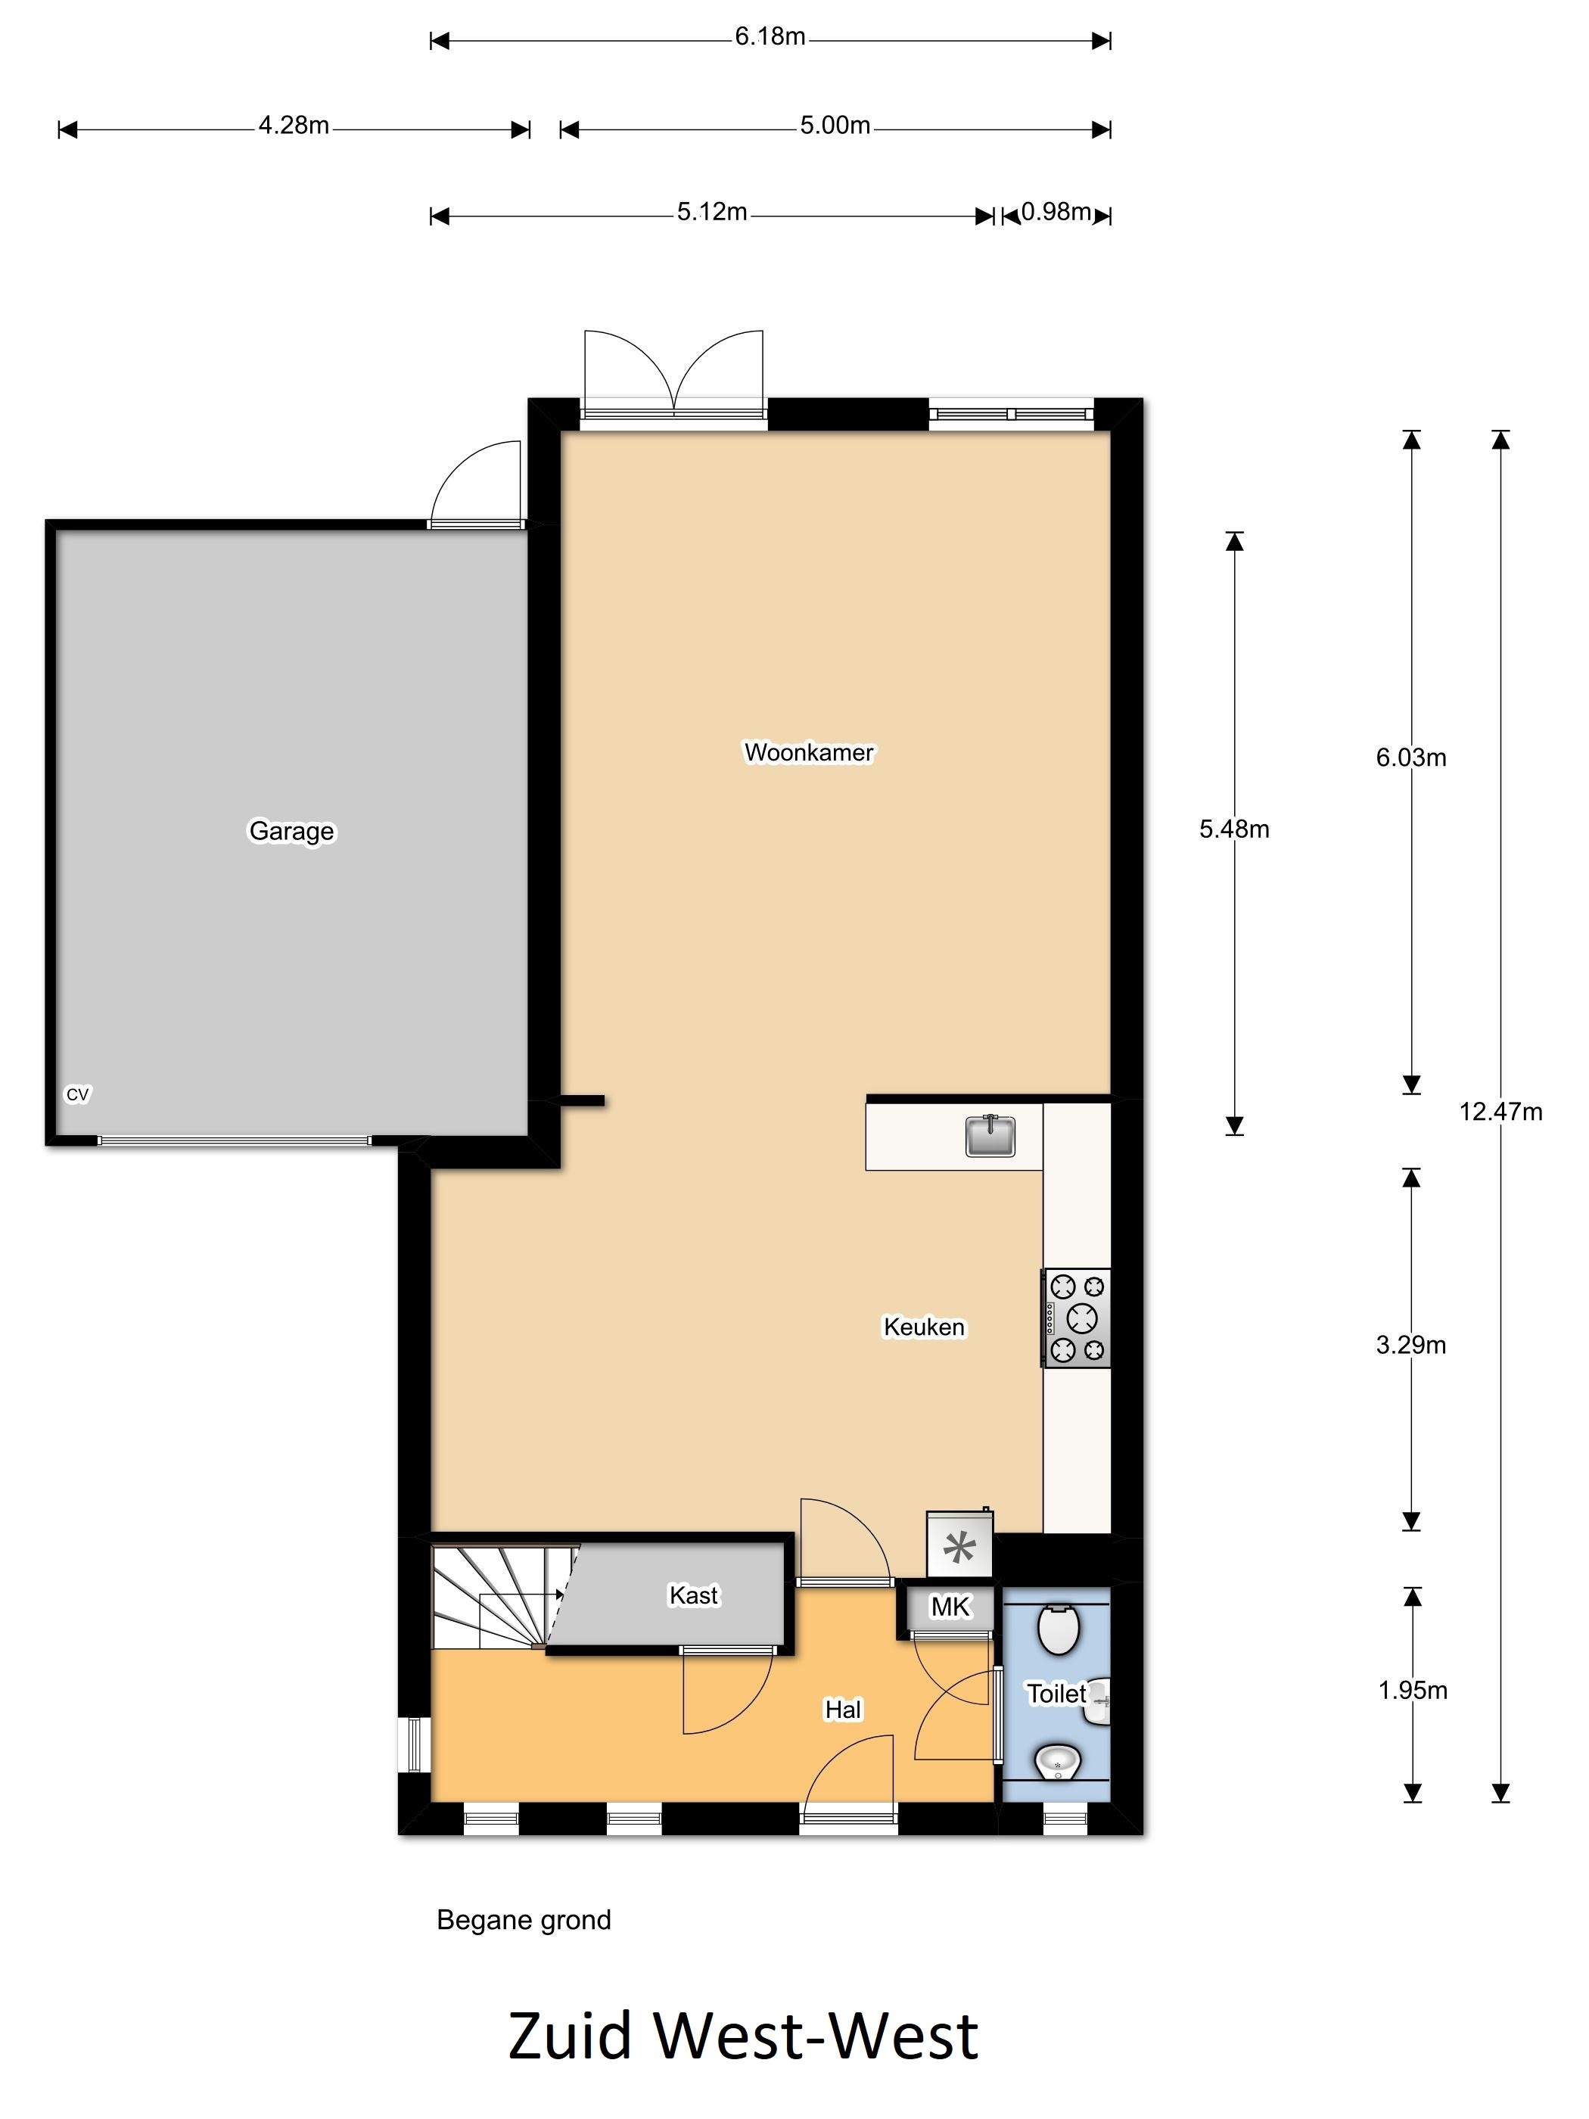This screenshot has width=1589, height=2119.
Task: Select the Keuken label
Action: click(925, 1327)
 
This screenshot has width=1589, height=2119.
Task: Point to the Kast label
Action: click(693, 1595)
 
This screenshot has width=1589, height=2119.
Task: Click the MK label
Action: click(950, 1607)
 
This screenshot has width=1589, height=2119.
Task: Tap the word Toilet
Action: click(1056, 1694)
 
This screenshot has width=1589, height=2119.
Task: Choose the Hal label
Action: click(843, 1709)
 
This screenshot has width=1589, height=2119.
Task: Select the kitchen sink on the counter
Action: click(990, 1136)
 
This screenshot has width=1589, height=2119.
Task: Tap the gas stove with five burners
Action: click(1077, 1318)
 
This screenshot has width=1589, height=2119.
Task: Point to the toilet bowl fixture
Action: click(1059, 1629)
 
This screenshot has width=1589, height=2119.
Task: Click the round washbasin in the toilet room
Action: click(1057, 1761)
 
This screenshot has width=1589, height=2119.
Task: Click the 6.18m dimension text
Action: click(770, 36)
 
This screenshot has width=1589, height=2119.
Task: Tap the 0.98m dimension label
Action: click(1056, 212)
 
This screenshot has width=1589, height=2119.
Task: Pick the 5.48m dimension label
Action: click(1233, 829)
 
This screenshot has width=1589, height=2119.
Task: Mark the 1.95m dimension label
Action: click(1413, 1691)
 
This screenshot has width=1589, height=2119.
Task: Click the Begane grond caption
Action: click(523, 1921)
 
